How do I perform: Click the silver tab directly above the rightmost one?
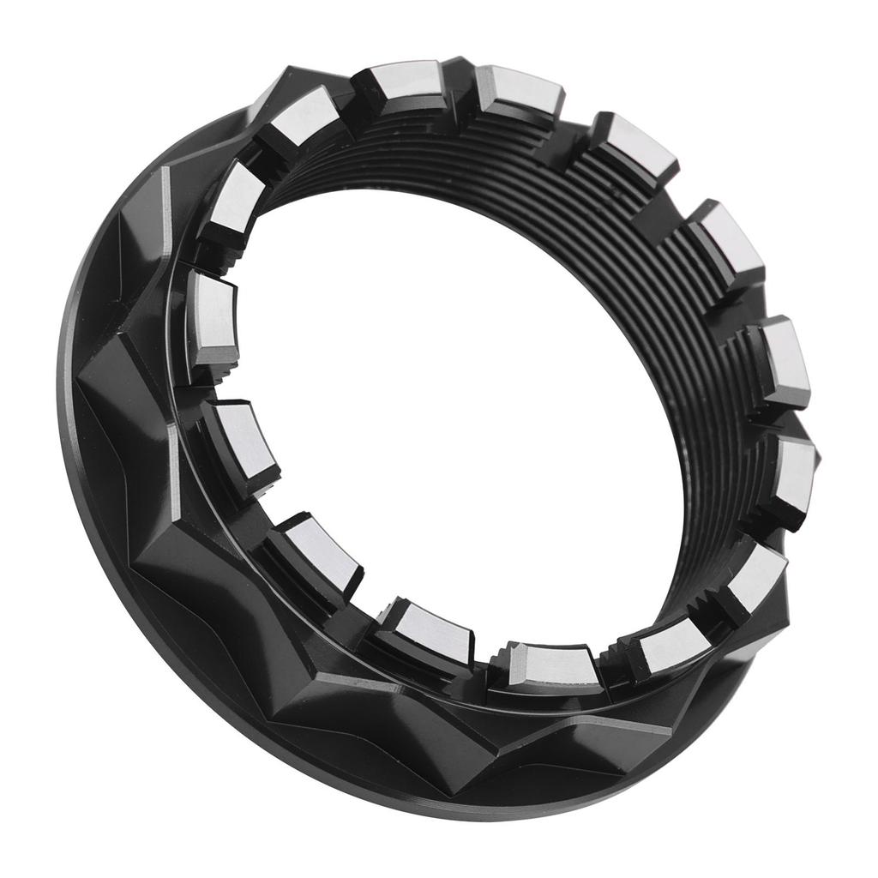click(782, 360)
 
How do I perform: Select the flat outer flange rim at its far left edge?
click(69, 412)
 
